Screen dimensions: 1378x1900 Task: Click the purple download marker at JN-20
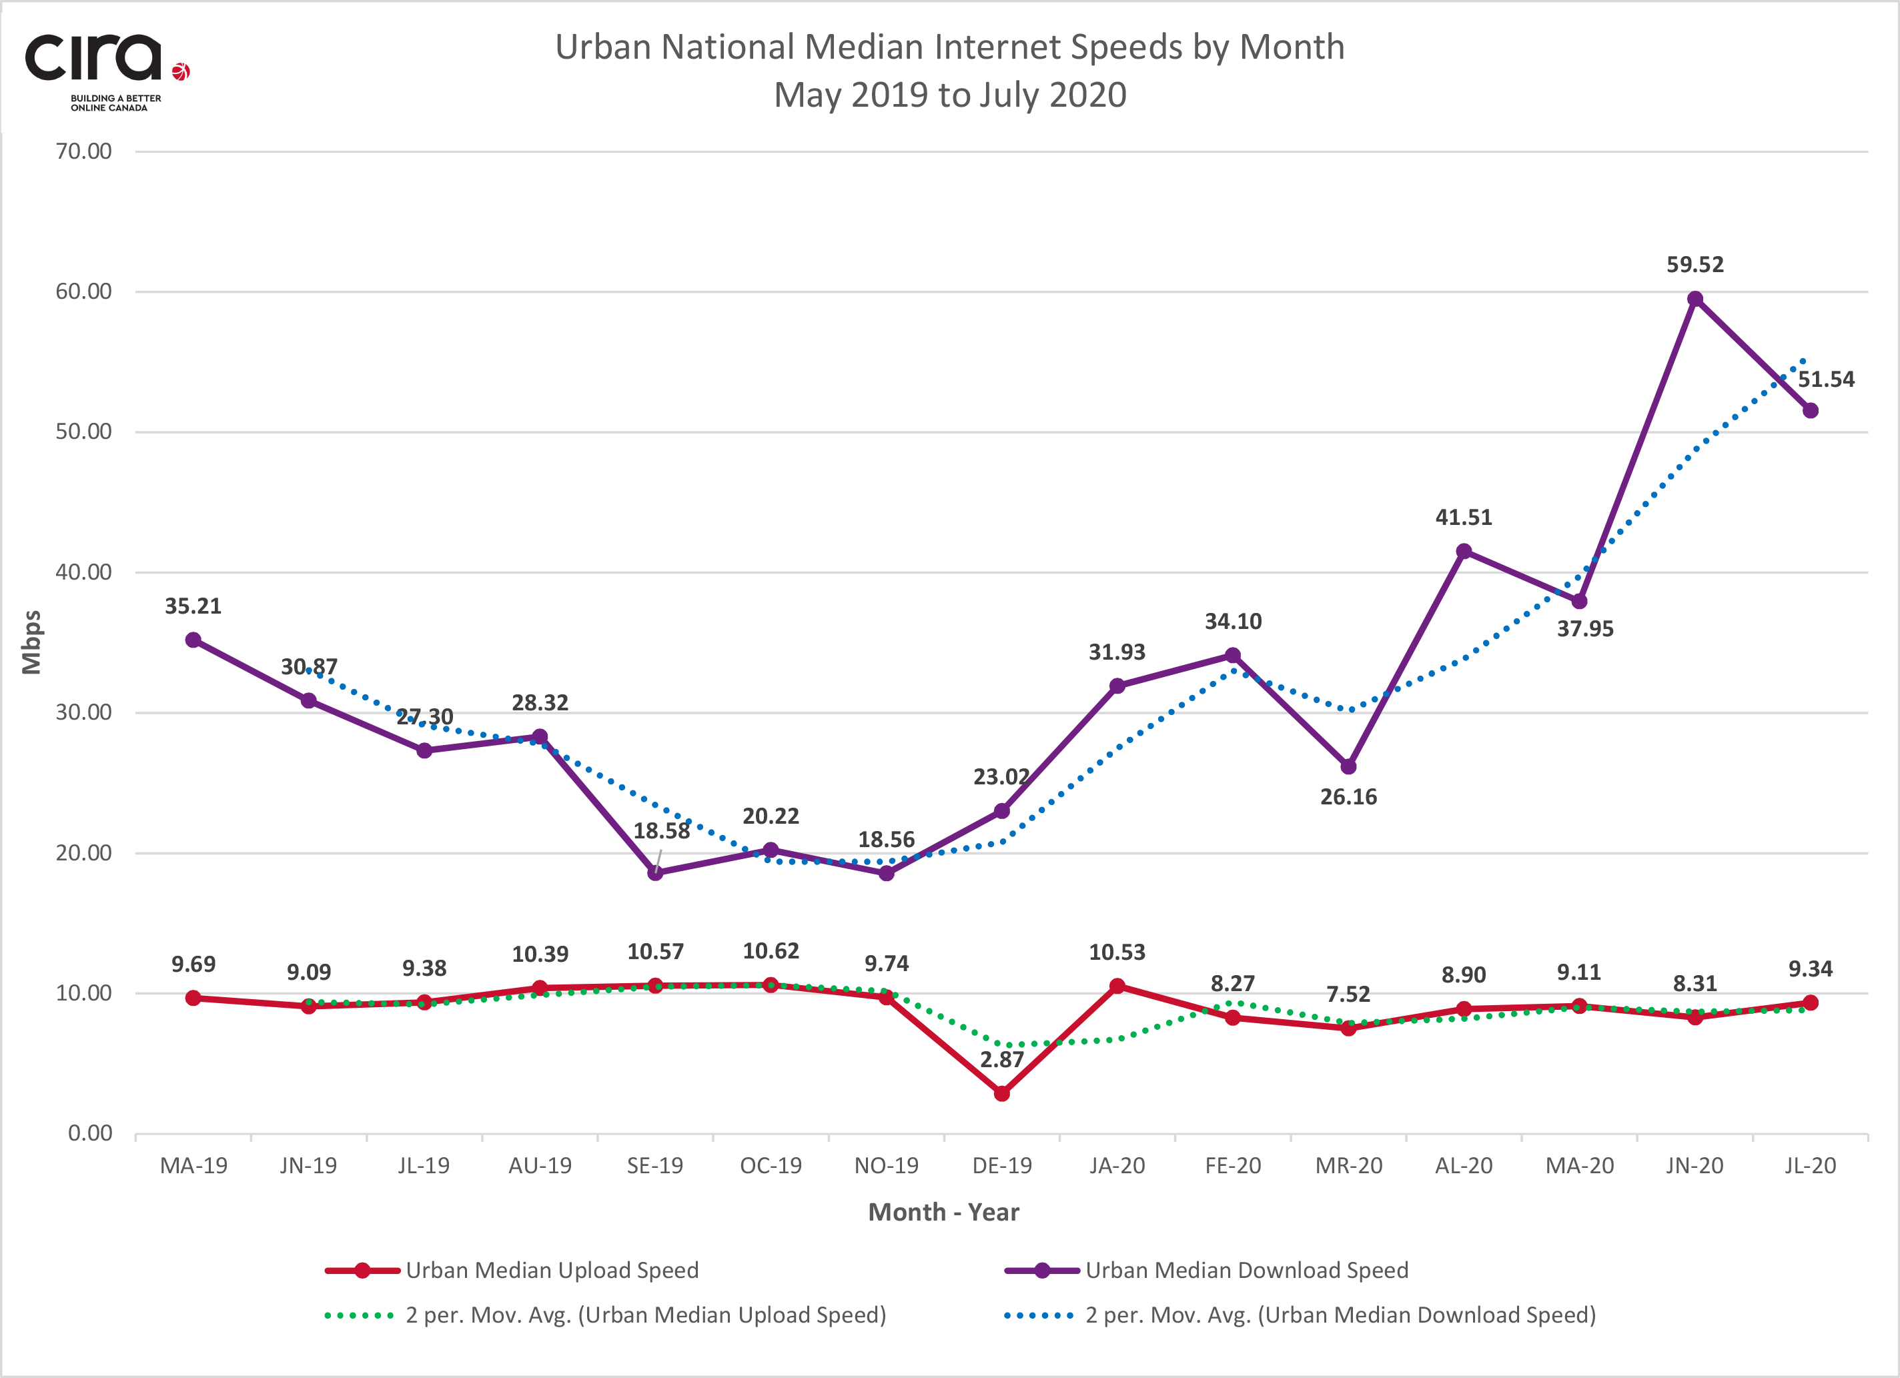pos(1695,299)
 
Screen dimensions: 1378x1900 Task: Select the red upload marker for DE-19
pos(1001,1093)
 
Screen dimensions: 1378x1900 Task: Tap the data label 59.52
pos(1695,265)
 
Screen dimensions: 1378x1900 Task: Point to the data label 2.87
pos(1002,1060)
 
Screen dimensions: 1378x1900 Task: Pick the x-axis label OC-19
pos(771,1165)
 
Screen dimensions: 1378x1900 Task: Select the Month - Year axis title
pos(943,1212)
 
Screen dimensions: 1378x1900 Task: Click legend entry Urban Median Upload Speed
pos(551,1270)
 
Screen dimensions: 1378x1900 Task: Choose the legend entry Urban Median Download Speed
pos(1247,1270)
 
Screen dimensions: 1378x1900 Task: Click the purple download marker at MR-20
pos(1348,766)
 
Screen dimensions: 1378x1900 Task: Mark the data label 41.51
pos(1464,518)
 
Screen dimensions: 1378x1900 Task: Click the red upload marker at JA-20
pos(1117,986)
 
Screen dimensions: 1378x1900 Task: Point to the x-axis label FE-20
pos(1232,1165)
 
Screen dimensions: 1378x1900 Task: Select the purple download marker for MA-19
pos(193,640)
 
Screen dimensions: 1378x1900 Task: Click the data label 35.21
pos(193,606)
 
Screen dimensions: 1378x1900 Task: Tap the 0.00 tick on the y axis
pos(89,1133)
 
